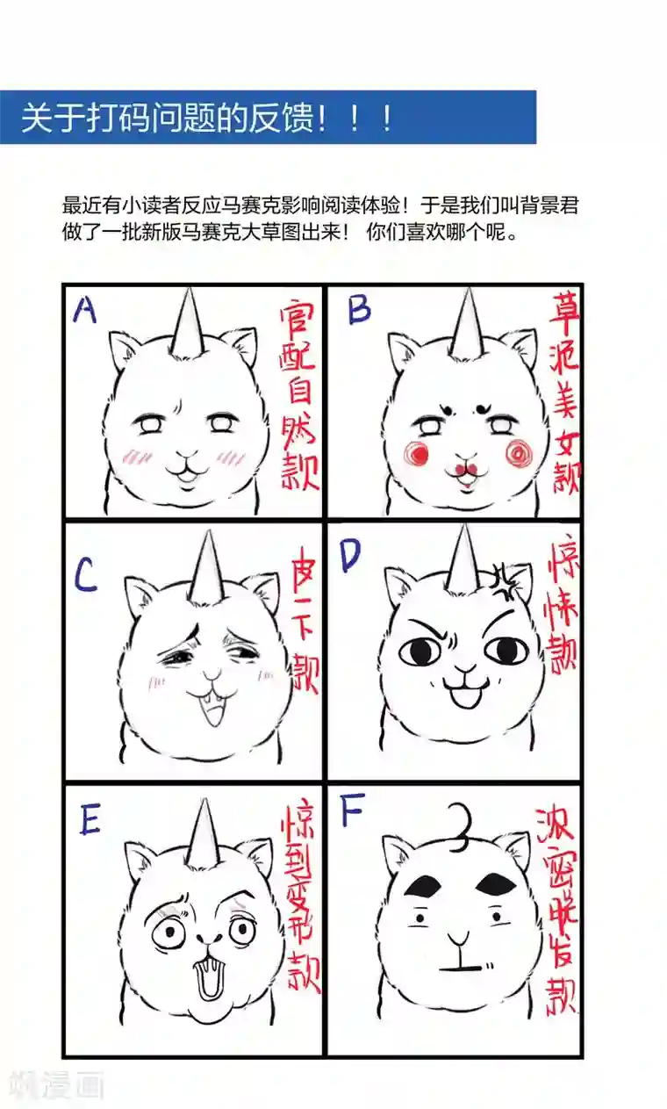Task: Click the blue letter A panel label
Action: [85, 309]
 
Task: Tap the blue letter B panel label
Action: [359, 310]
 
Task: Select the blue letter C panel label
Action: [85, 575]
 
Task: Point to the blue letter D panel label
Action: [350, 556]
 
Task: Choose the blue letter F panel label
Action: [352, 813]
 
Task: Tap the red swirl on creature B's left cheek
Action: [416, 453]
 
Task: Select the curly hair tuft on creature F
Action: [458, 826]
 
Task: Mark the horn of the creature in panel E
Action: [204, 831]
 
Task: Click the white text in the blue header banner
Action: [207, 118]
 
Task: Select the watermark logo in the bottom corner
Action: [54, 1085]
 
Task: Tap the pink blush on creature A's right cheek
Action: [233, 456]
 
